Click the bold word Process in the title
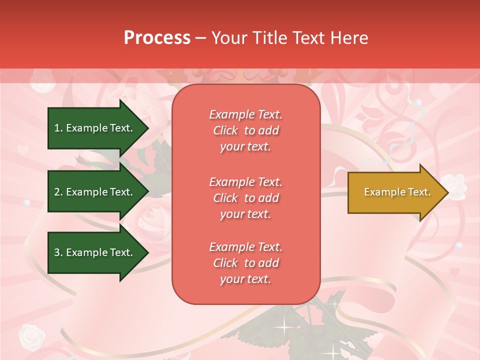157,38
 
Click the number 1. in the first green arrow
58,128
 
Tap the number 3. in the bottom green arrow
58,252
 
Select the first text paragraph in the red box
245,130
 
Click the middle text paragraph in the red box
245,198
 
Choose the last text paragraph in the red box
245,263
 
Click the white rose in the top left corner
43,82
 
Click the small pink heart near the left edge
23,149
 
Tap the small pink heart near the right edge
454,272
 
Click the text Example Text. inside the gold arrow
397,192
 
